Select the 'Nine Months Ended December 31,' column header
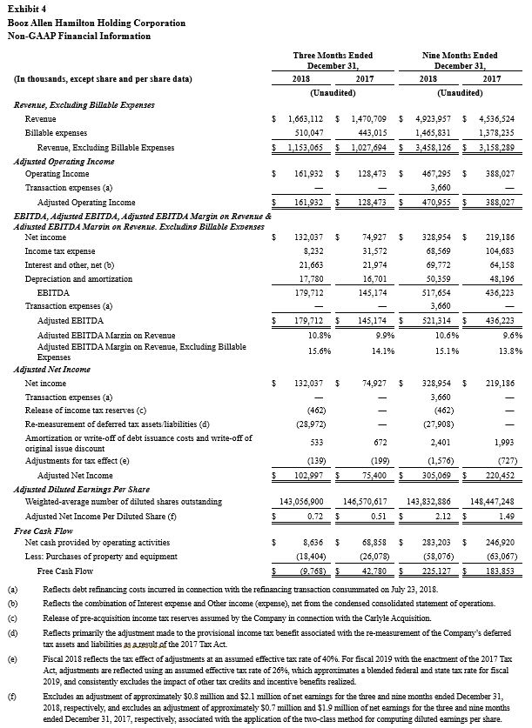pos(453,60)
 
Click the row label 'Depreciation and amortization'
pos(79,278)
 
